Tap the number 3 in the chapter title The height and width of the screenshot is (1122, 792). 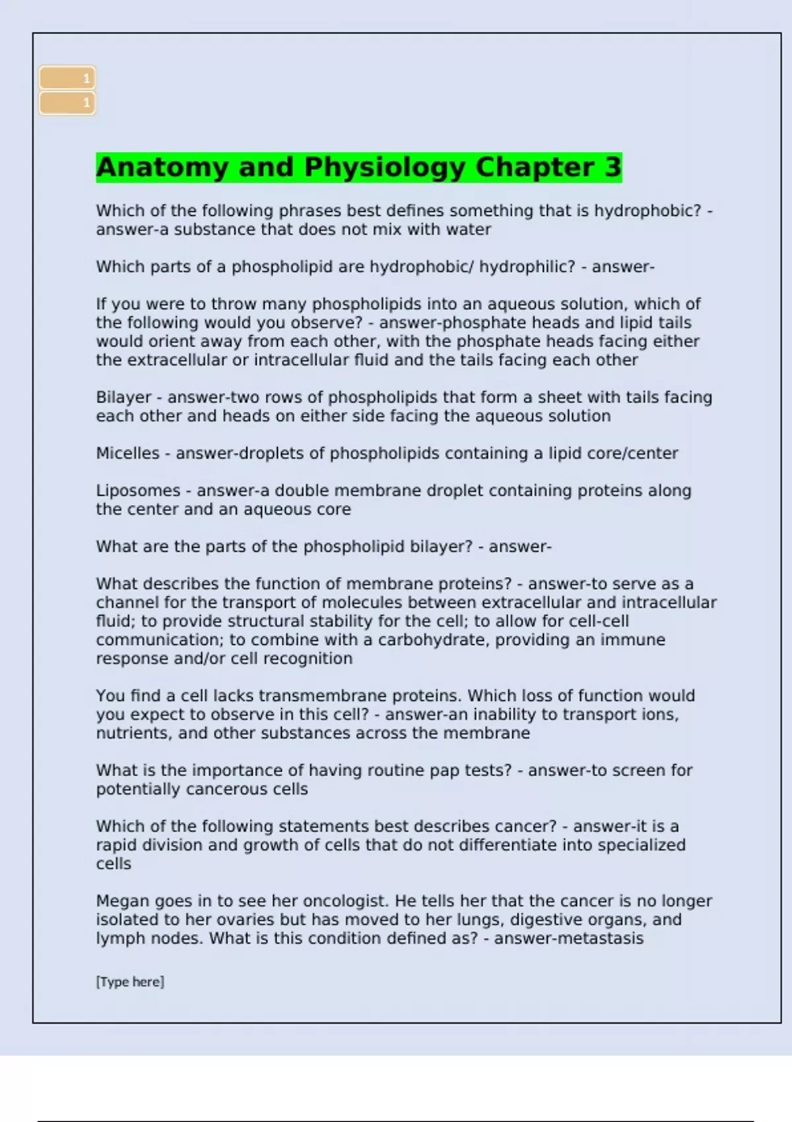point(612,167)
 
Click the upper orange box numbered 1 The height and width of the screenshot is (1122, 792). point(67,79)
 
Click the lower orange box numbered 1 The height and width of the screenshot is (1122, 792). point(67,103)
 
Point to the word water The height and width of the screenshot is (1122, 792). point(469,230)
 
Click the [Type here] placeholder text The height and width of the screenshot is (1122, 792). point(130,981)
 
